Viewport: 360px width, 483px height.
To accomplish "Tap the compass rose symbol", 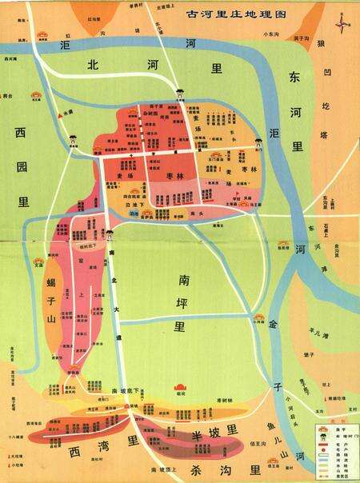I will pos(343,24).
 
